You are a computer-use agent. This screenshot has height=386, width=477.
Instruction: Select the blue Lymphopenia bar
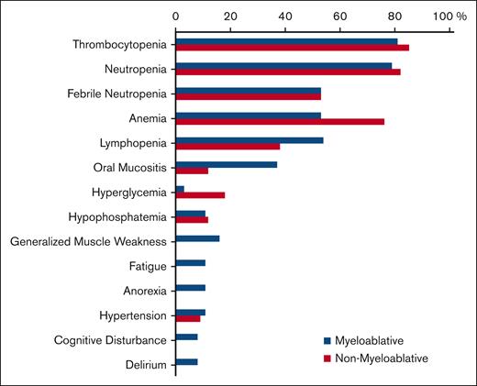(249, 139)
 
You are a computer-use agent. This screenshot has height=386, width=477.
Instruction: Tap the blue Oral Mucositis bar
(226, 164)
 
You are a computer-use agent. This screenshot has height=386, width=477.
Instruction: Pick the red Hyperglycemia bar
(200, 195)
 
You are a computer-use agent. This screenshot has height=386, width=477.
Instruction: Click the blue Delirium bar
(186, 362)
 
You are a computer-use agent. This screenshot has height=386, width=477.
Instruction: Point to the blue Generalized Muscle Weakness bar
(197, 238)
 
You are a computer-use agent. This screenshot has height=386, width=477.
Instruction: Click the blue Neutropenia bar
(283, 65)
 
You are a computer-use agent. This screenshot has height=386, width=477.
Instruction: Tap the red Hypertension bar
(187, 319)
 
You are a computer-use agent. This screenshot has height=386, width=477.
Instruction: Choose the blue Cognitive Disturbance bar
(186, 337)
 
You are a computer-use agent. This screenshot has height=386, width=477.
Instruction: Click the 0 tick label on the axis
(175, 17)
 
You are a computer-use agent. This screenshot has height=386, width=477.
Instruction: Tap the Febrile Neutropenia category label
(116, 94)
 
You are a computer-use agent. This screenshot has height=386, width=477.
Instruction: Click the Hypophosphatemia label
(117, 217)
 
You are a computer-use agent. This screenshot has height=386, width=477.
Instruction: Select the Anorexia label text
(144, 292)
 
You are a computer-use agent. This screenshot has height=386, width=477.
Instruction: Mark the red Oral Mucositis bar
(192, 171)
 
